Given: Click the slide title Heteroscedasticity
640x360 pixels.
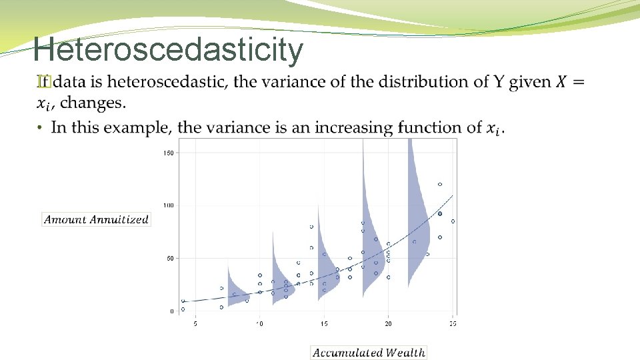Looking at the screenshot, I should click(168, 49).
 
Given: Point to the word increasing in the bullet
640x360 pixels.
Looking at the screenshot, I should click(355, 127).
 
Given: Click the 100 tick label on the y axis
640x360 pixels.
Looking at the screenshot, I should click(168, 205).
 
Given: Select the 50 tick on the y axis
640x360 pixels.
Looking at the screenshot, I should click(169, 258).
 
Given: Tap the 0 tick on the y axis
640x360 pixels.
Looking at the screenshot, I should click(171, 311).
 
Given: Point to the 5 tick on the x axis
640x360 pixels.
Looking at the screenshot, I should click(195, 324).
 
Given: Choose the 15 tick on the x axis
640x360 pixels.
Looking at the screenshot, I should click(323, 324).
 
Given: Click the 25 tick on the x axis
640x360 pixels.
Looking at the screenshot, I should click(452, 324).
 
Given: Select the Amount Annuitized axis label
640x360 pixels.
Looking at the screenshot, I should click(96, 219).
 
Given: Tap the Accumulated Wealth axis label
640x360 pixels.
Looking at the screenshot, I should click(369, 353).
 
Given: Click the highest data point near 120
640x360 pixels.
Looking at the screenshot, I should click(440, 184).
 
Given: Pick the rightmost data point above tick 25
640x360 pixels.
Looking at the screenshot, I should click(453, 221).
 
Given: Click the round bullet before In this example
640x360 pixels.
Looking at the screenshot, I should click(40, 127).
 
